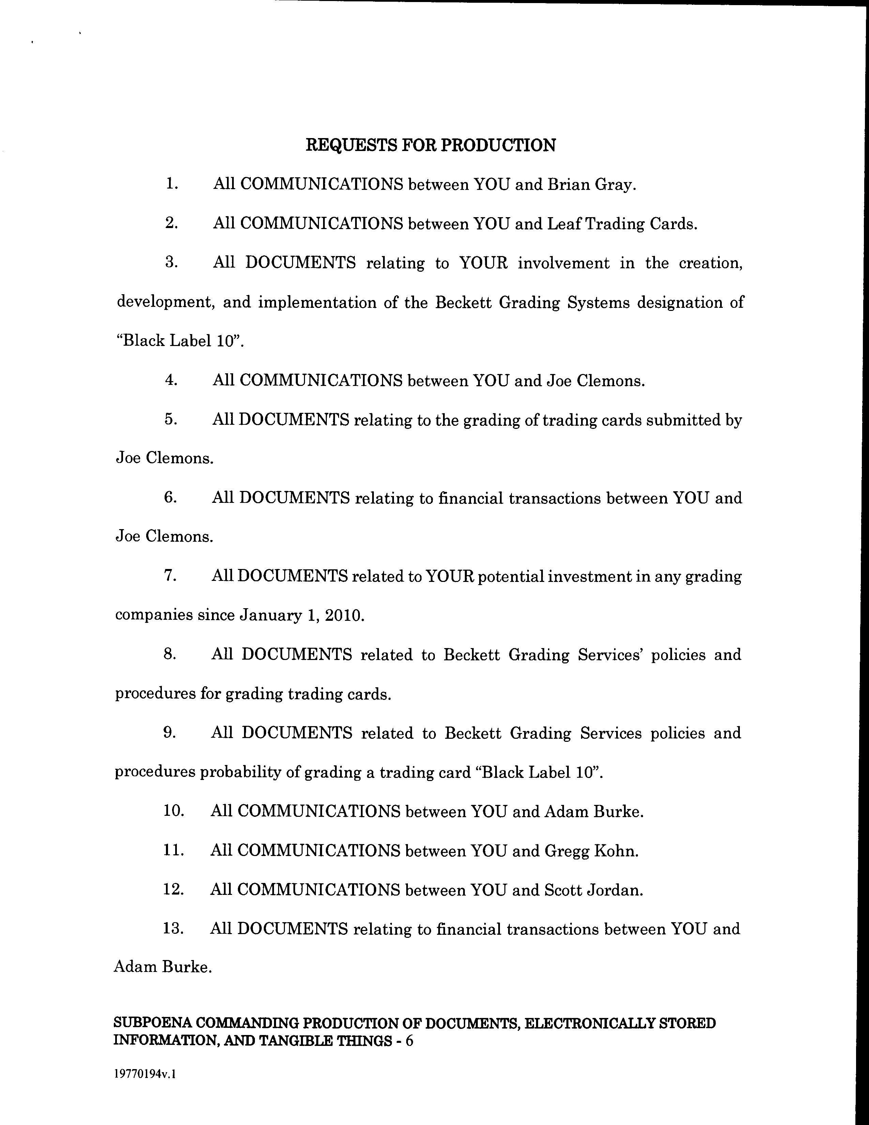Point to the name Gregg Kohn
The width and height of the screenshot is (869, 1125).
[591, 851]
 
